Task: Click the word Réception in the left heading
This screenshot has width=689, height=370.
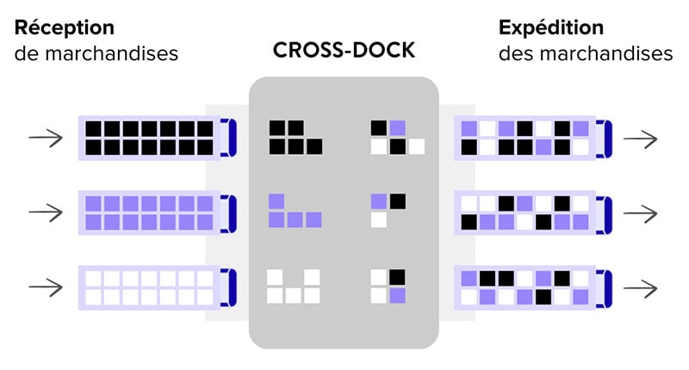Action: pos(64,28)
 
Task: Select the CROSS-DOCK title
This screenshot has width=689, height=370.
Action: pos(344,51)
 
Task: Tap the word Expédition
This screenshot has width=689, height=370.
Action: pos(551,28)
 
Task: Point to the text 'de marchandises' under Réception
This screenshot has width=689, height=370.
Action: pos(96,53)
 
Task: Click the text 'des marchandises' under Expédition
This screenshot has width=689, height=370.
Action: pos(586,53)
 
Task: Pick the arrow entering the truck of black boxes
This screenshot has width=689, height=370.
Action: pos(45,138)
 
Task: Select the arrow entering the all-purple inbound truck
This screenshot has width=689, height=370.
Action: pos(45,212)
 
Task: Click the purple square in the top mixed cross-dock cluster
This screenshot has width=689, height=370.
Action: pos(397,128)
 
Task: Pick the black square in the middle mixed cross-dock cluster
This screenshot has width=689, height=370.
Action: pos(397,201)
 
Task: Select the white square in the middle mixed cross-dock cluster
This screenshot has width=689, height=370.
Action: pos(379,220)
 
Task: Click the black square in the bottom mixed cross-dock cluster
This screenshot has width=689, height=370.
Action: pos(397,277)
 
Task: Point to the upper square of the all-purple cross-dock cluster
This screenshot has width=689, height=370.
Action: pos(276,201)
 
